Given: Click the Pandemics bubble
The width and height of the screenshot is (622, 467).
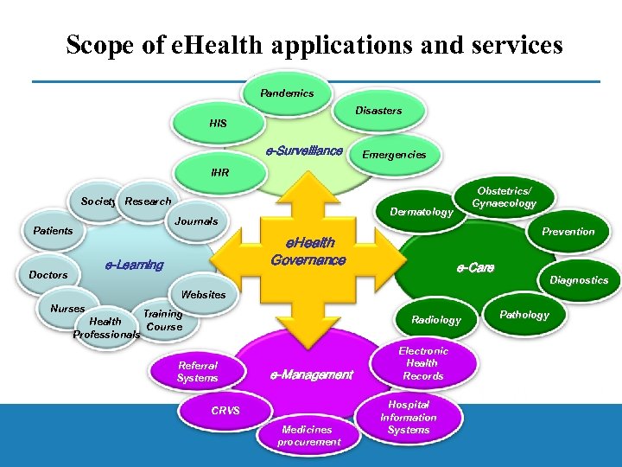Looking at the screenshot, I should [287, 93].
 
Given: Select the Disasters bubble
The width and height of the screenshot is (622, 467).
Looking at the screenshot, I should [378, 110].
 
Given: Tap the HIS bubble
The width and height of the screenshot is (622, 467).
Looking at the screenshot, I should [218, 124].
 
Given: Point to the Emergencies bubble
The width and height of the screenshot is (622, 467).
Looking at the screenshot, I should [394, 155].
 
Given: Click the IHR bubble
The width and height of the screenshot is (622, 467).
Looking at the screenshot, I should [219, 172].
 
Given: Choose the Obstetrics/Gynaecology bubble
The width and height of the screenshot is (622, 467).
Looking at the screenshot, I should [505, 197].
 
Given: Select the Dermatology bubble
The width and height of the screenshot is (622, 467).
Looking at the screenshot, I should [421, 212].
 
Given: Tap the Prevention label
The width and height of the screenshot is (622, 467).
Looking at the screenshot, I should [568, 231].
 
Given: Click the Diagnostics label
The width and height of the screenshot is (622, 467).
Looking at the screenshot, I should [579, 280].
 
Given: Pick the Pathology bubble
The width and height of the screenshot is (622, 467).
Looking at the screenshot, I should [524, 315].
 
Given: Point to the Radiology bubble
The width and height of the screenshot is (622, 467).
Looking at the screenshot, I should [436, 320].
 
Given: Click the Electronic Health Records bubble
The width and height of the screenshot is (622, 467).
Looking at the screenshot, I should [423, 363].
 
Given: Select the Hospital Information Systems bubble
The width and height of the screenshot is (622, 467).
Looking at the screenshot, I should [409, 417].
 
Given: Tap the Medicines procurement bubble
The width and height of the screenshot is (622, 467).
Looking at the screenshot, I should [308, 435].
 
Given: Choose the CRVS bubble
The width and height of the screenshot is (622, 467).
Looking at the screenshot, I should [225, 410].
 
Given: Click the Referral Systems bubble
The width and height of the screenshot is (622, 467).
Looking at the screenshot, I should [197, 372].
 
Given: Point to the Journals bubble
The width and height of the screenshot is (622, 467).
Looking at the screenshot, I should [196, 221].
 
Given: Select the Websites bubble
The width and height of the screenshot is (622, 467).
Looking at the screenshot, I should [203, 294].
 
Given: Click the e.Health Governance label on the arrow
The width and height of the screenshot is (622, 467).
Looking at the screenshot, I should [308, 252].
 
